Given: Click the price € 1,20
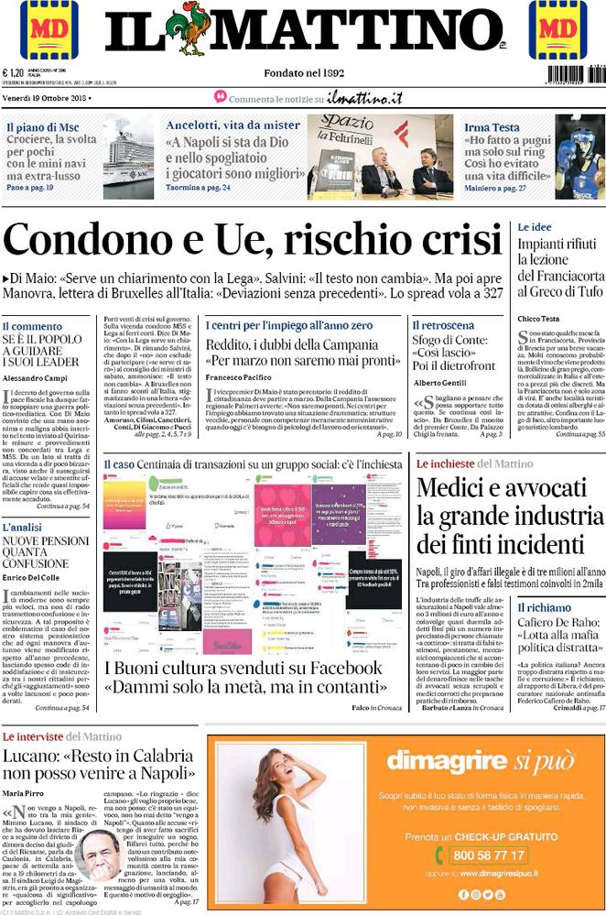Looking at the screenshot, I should [x=14, y=74].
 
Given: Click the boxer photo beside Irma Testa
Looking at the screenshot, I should [x=579, y=157].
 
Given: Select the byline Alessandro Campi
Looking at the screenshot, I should [x=35, y=377].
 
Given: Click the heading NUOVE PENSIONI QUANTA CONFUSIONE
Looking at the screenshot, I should [x=45, y=556].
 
